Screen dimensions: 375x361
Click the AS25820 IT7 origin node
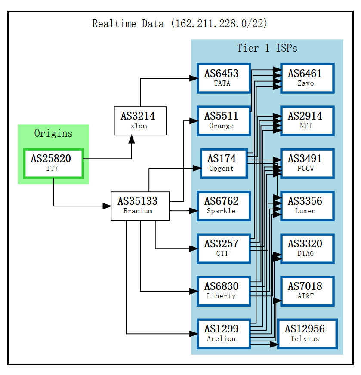click(53, 163)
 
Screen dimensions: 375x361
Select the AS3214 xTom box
click(140, 121)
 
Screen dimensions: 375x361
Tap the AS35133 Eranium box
click(140, 206)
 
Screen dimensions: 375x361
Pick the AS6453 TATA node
click(224, 78)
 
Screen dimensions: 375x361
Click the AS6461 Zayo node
click(307, 78)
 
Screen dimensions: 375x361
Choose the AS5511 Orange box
click(224, 121)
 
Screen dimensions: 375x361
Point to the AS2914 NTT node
click(307, 121)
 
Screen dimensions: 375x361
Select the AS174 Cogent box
click(224, 163)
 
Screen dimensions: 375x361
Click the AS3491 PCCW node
click(307, 163)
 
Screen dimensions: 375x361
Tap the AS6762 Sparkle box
click(224, 206)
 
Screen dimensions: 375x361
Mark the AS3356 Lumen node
click(307, 206)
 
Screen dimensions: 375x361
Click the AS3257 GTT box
click(224, 249)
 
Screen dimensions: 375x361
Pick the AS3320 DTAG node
click(307, 249)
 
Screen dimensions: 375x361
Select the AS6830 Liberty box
click(224, 291)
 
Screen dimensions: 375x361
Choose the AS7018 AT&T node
click(307, 291)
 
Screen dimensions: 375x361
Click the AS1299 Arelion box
click(224, 334)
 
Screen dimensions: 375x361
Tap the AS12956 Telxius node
click(307, 334)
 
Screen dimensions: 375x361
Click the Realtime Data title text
click(180, 24)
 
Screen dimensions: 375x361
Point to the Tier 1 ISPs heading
click(267, 48)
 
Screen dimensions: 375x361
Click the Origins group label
click(53, 133)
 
